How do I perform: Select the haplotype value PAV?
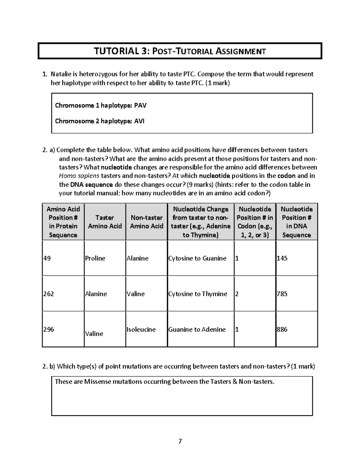140,105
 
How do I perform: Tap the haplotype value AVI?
139,121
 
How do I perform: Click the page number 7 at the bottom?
180,441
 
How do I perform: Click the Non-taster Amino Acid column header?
146,222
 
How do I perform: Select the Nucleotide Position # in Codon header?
255,222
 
